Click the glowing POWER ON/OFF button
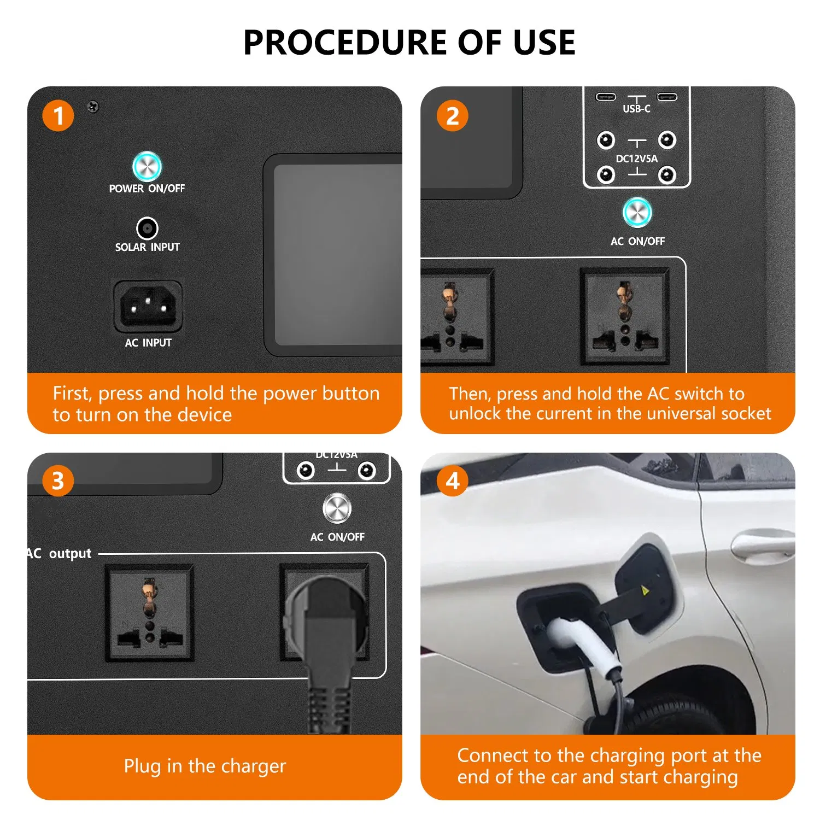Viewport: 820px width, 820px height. pos(147,166)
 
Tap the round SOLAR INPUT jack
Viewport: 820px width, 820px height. pos(147,228)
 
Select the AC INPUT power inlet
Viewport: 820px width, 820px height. pos(148,307)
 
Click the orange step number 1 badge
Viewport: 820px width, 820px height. pos(58,116)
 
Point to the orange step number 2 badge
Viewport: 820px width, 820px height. pos(452,116)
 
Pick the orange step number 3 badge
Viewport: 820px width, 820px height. pos(58,481)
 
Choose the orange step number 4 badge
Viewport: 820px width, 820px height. pos(452,481)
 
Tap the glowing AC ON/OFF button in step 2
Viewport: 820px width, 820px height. pos(637,212)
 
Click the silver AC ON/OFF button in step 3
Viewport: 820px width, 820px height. pos(337,508)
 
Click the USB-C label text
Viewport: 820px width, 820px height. pos(636,109)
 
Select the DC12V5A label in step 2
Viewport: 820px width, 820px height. pos(637,159)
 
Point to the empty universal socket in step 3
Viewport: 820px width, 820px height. pos(149,612)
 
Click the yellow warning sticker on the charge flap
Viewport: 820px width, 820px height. pos(645,590)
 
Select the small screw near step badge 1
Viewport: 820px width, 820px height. pos(93,107)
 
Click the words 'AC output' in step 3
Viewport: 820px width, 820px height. pos(59,553)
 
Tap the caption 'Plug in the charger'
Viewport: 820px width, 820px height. pos(205,766)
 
